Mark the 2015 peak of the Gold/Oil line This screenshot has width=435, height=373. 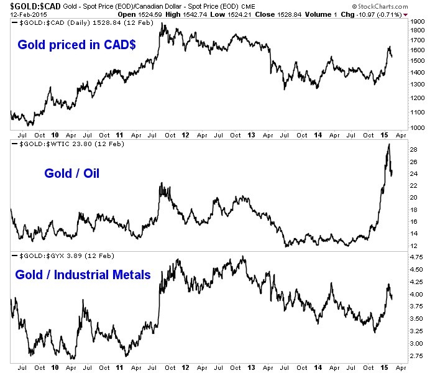[x=388, y=144]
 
